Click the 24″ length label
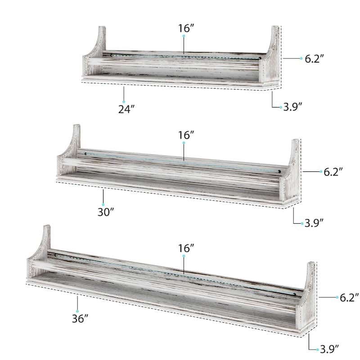click(126, 109)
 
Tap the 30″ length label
click(106, 212)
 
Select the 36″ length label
click(80, 319)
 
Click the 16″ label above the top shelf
click(186, 28)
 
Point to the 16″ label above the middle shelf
click(186, 135)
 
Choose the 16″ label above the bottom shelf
click(186, 248)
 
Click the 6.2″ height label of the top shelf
click(314, 59)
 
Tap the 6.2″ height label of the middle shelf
click(333, 172)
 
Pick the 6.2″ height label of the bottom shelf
click(349, 297)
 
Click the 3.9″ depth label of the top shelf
click(292, 107)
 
